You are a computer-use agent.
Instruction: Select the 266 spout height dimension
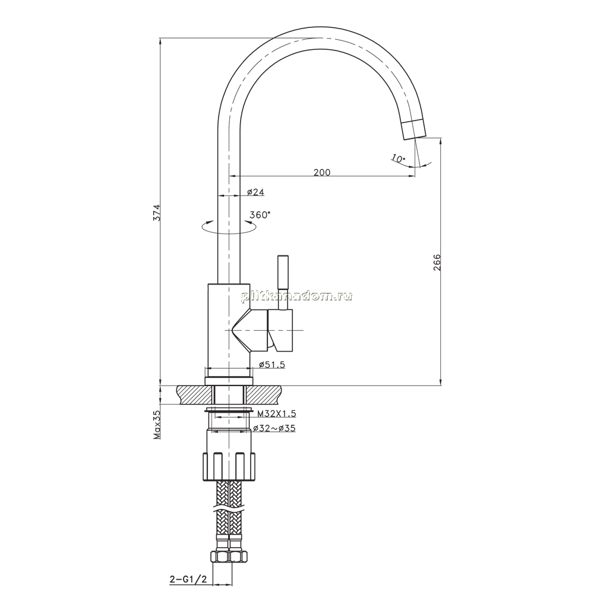pos(437,262)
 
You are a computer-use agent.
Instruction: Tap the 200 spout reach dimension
pos(322,172)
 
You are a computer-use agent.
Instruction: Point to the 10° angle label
pos(398,159)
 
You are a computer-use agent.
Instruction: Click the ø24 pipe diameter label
pos(255,192)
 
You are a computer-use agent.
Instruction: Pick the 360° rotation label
pos(260,215)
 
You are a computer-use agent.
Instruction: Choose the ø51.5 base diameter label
pos(271,365)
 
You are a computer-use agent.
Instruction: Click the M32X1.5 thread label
pos(276,413)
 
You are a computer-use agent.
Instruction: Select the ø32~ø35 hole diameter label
pos(274,428)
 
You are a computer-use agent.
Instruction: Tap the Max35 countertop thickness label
pos(157,425)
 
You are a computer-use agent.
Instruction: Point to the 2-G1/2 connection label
pos(188,579)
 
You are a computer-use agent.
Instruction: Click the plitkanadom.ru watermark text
pos(296,296)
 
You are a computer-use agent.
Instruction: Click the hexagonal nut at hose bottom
pos(229,557)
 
